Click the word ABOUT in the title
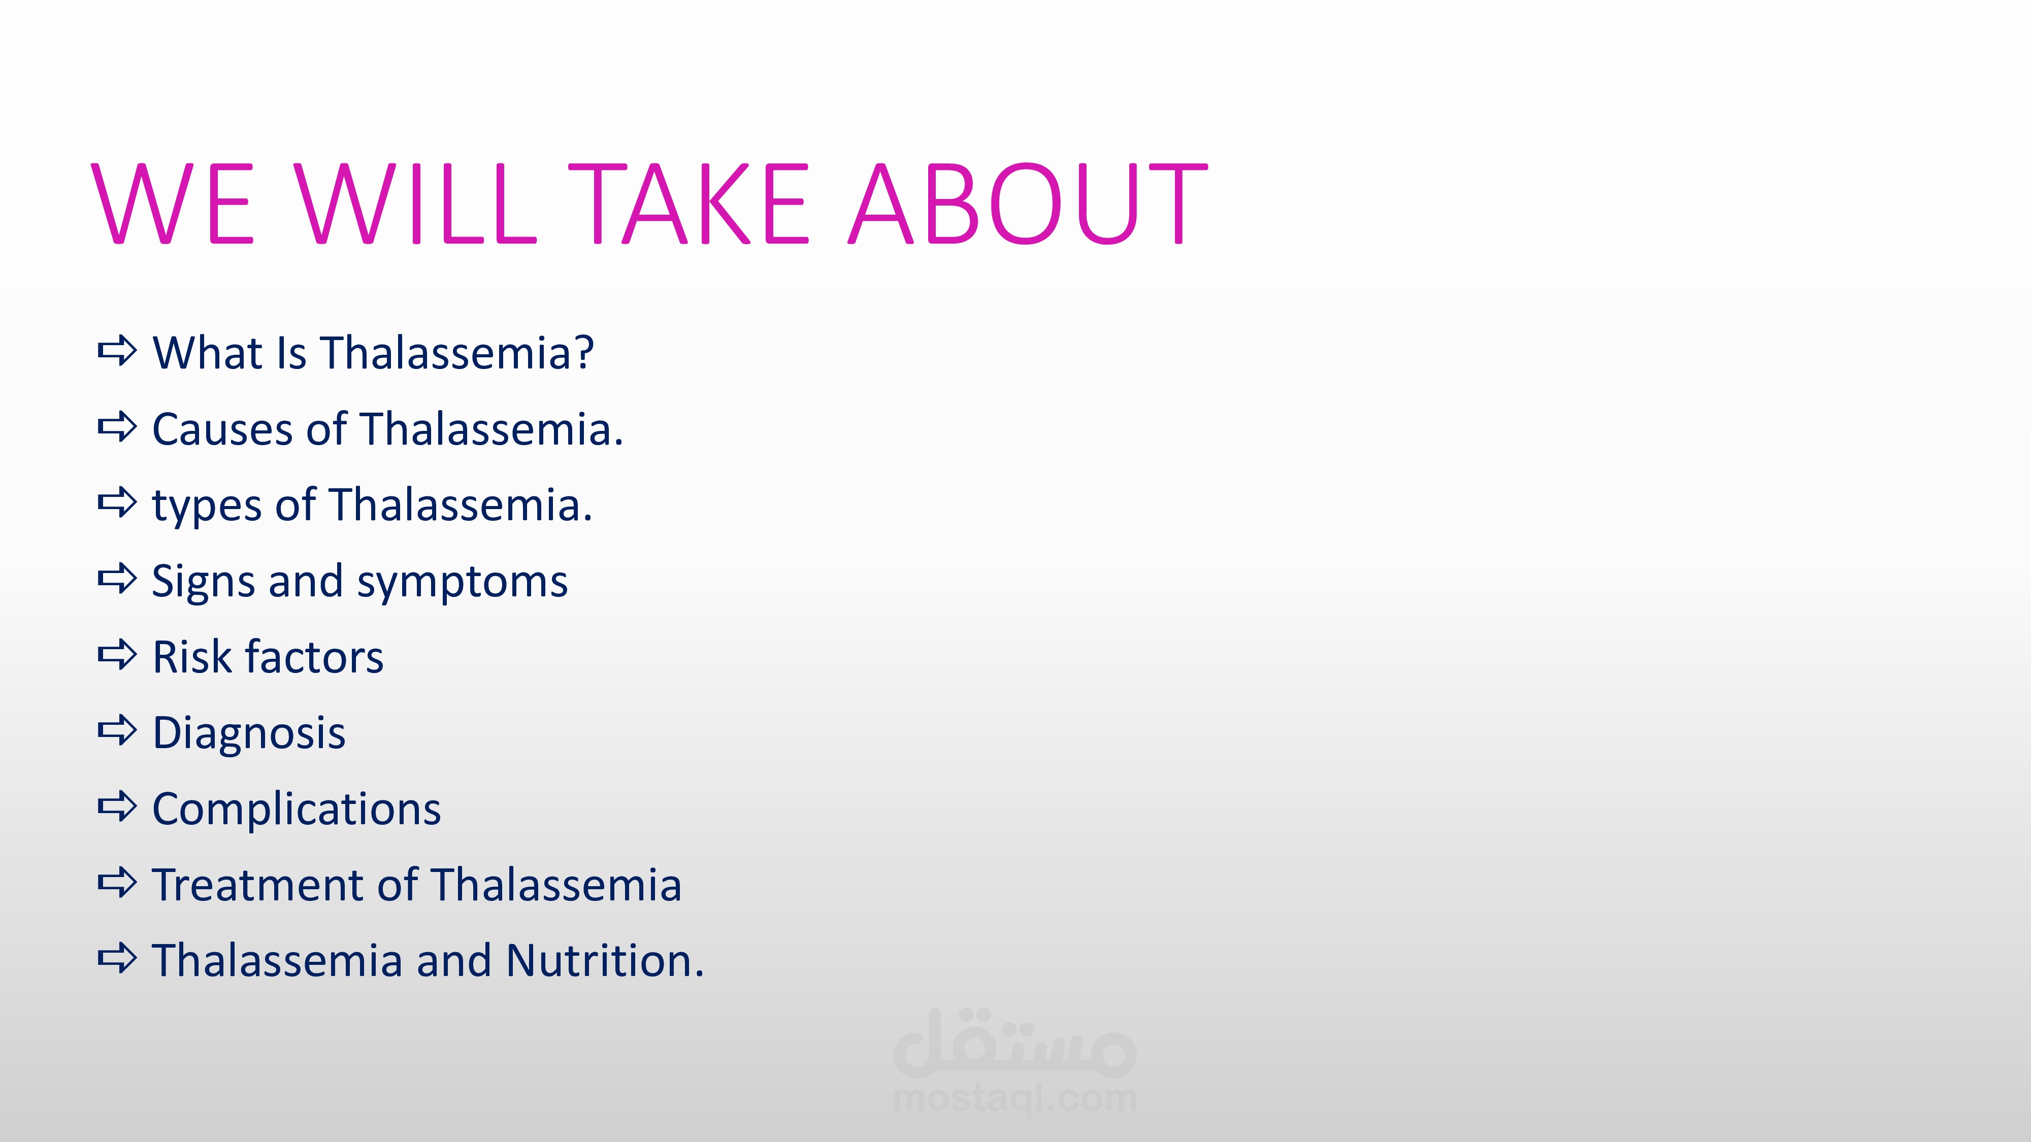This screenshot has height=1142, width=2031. (x=1028, y=204)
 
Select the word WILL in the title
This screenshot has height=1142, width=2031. (x=416, y=204)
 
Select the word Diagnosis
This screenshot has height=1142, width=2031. (x=249, y=734)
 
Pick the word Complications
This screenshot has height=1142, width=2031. (x=297, y=810)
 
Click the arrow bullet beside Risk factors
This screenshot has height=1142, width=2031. (x=117, y=654)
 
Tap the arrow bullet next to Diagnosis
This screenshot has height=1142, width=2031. (x=117, y=730)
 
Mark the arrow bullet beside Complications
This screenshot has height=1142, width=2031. (x=117, y=807)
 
